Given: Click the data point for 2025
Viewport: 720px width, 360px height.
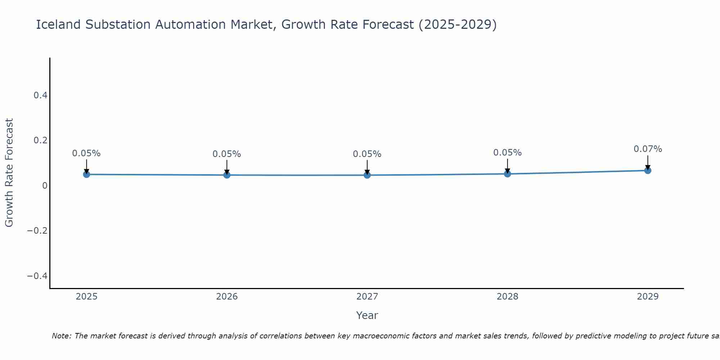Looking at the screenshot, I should pyautogui.click(x=86, y=174).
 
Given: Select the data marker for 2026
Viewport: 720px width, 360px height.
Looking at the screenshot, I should pyautogui.click(x=227, y=175).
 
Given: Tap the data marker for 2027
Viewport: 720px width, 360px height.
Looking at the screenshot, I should pyautogui.click(x=367, y=175).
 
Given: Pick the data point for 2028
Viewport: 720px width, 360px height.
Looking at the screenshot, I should pyautogui.click(x=508, y=174).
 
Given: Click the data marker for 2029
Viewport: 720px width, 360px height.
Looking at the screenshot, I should pyautogui.click(x=648, y=170).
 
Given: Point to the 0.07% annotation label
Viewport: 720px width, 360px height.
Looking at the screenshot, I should pyautogui.click(x=648, y=149).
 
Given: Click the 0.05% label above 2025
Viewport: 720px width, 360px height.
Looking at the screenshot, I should pyautogui.click(x=86, y=153).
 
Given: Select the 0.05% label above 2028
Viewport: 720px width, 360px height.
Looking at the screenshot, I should pyautogui.click(x=507, y=153).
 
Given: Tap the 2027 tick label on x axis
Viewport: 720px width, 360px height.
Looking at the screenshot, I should pyautogui.click(x=367, y=297).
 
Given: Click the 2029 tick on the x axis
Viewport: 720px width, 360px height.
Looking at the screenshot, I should pyautogui.click(x=648, y=297).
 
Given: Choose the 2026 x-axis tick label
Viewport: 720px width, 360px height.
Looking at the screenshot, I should pyautogui.click(x=227, y=297).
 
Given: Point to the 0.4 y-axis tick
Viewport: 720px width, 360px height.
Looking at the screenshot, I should pyautogui.click(x=40, y=95).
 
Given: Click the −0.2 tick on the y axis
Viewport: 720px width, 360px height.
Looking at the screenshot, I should pyautogui.click(x=37, y=230).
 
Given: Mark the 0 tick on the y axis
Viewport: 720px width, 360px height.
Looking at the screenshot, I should pyautogui.click(x=45, y=185).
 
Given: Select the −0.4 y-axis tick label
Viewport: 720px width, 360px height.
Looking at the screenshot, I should pyautogui.click(x=37, y=276).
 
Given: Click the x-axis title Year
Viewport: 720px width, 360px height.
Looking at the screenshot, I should pyautogui.click(x=367, y=315).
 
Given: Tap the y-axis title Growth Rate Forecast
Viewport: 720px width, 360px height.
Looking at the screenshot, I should pyautogui.click(x=9, y=173).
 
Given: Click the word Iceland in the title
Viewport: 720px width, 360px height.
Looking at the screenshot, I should pyautogui.click(x=58, y=25).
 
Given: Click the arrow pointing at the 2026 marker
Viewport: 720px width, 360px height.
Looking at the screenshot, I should pyautogui.click(x=227, y=166).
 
